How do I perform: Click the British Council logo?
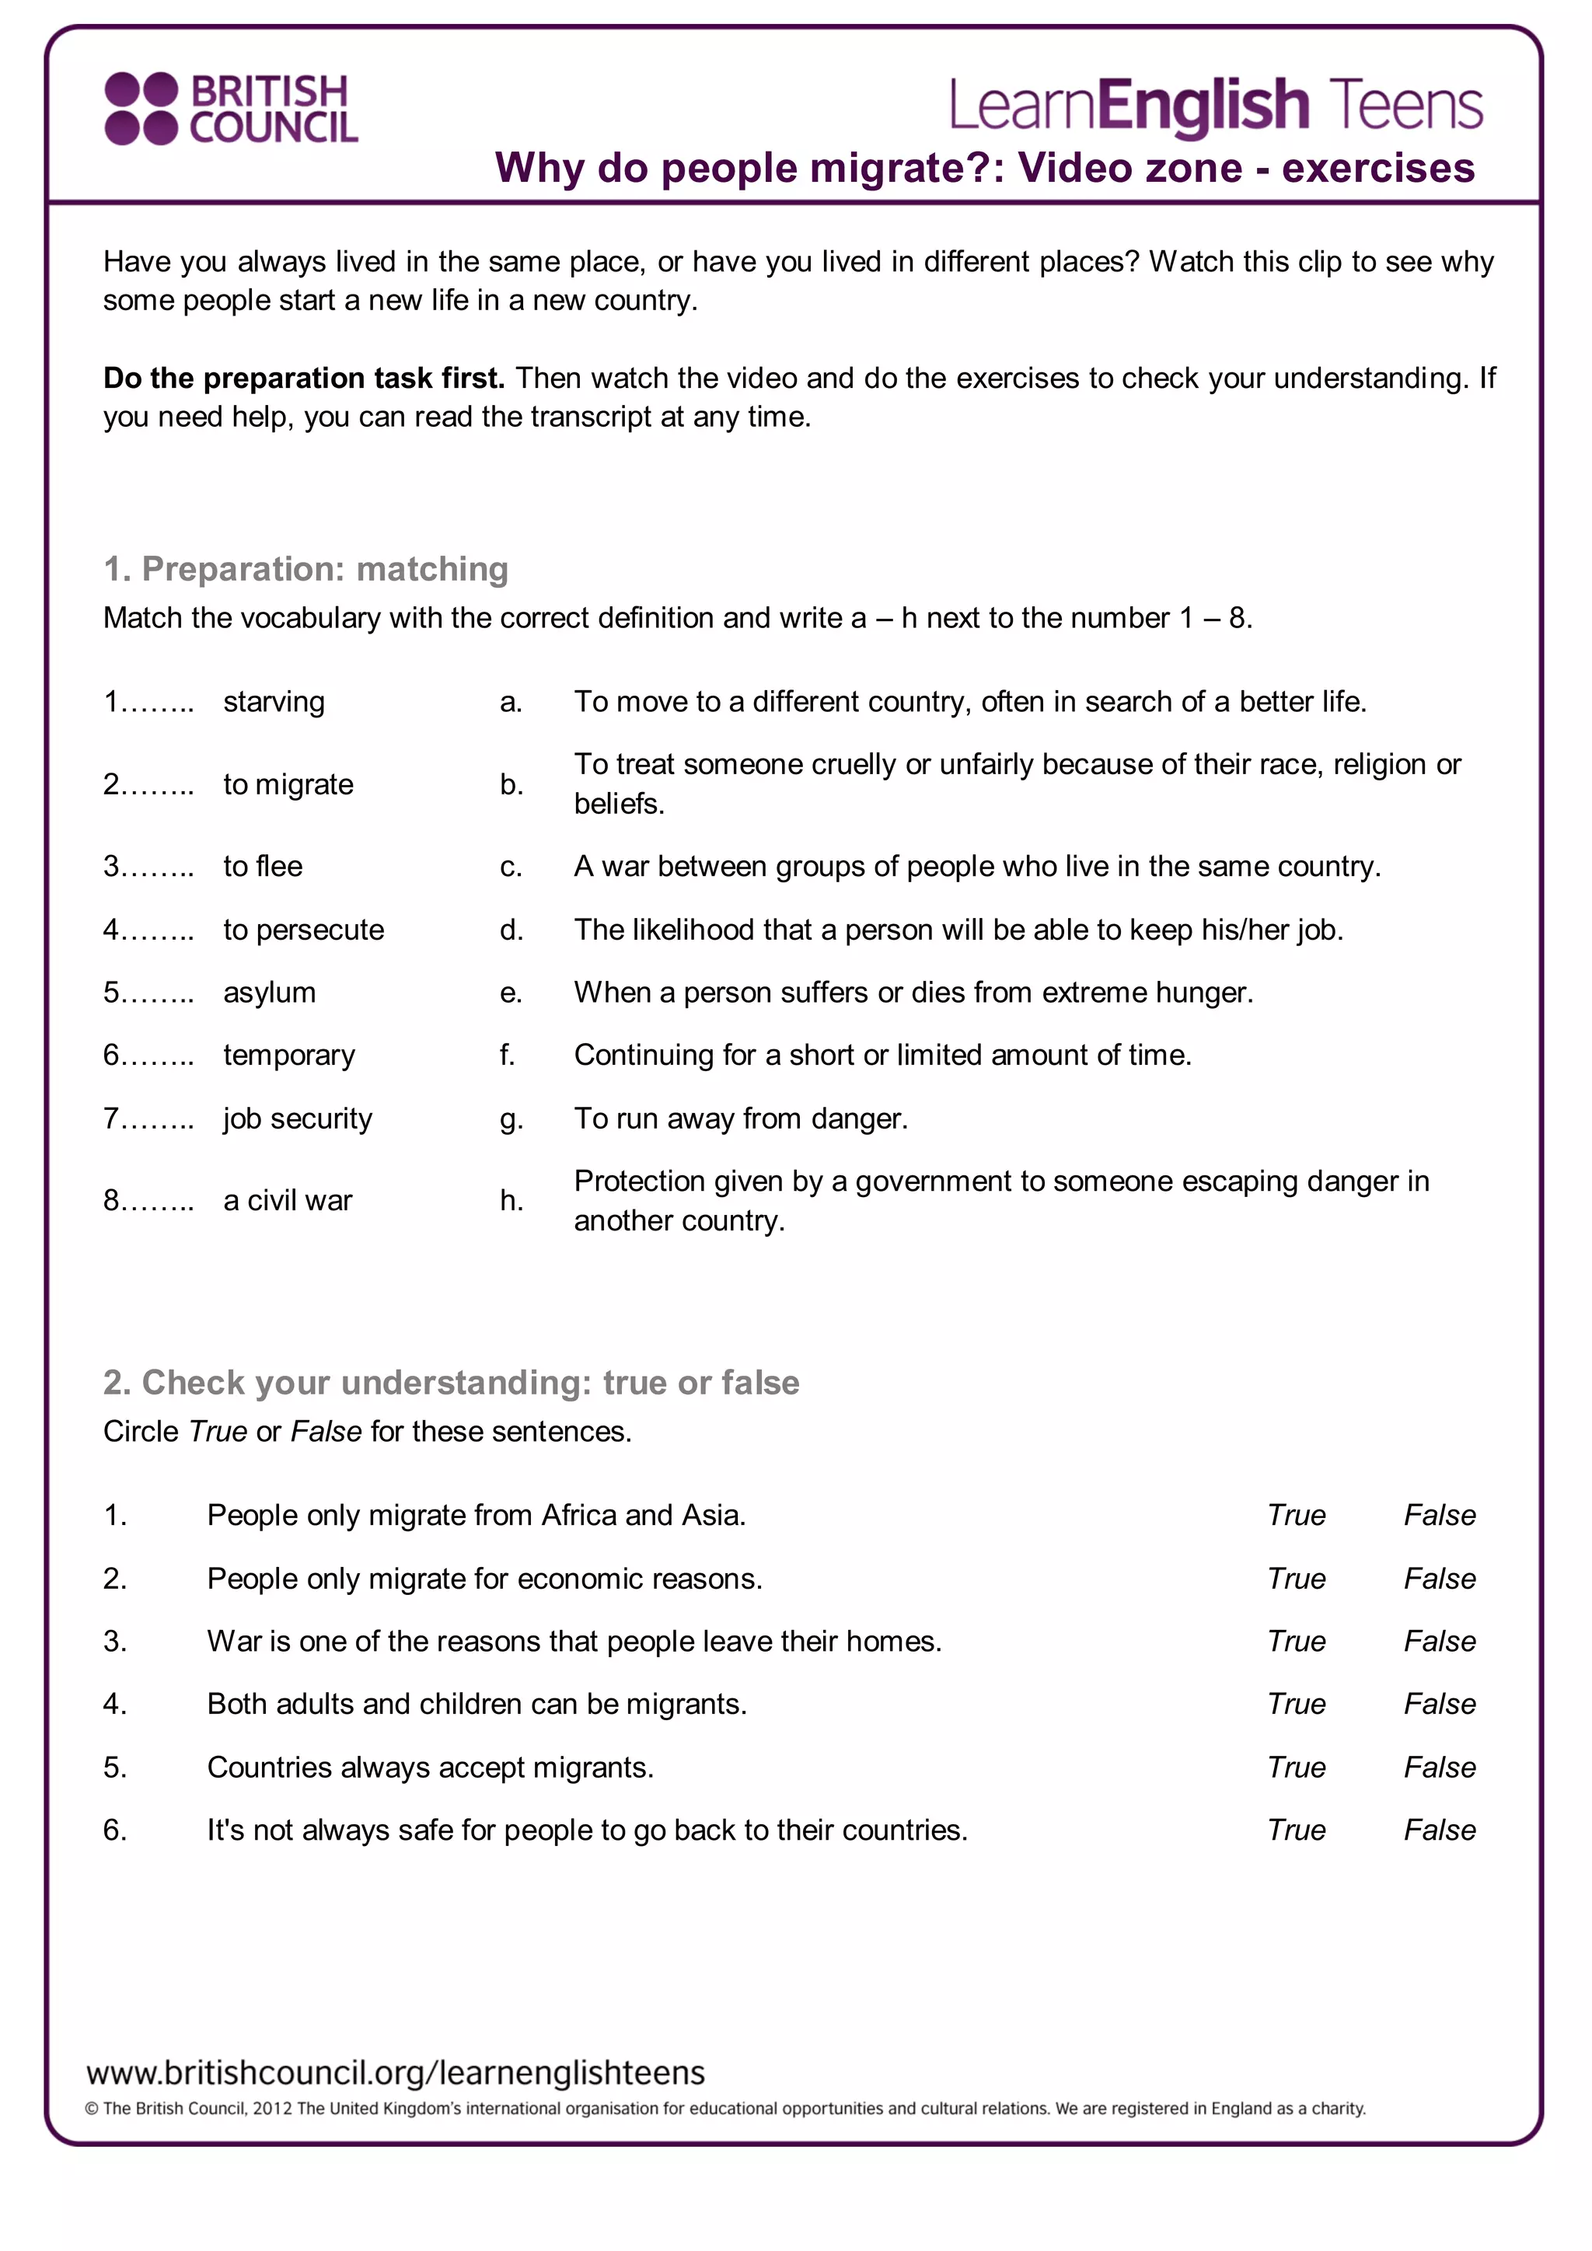tap(232, 108)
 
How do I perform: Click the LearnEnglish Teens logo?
tap(1216, 106)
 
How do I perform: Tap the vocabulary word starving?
tap(274, 702)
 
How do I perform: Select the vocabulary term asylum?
tap(270, 992)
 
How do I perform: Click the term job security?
tap(298, 1118)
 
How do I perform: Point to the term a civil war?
tap(287, 1200)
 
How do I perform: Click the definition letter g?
tap(511, 1119)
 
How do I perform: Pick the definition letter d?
tap(511, 930)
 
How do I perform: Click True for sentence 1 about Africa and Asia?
tap(1296, 1515)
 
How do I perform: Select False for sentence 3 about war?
tap(1439, 1641)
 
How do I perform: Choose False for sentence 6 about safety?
tap(1439, 1830)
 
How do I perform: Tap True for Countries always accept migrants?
tap(1296, 1767)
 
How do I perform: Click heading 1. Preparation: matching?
tap(305, 569)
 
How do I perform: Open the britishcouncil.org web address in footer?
tap(395, 2072)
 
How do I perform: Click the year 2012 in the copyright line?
tap(273, 2109)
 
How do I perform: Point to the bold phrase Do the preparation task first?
tap(304, 379)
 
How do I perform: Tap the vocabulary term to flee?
tap(263, 867)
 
